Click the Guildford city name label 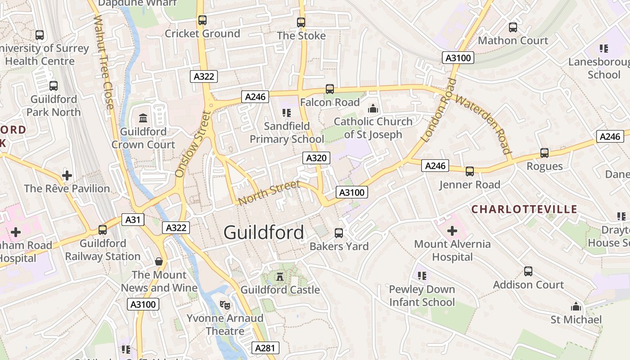[x=264, y=233]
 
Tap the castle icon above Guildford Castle [x=280, y=276]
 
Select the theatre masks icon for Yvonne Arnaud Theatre [x=225, y=305]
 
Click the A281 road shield [x=266, y=348]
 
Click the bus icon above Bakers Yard [x=339, y=233]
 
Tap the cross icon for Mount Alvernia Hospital [x=452, y=231]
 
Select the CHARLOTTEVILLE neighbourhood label [x=524, y=209]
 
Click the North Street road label [x=269, y=192]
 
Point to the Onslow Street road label [x=193, y=144]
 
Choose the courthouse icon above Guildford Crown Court [x=143, y=118]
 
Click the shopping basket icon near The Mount [x=159, y=261]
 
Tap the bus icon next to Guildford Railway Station [x=103, y=230]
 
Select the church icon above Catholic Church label [x=373, y=108]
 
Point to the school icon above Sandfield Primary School [x=287, y=112]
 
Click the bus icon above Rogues [x=544, y=153]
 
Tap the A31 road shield [x=133, y=220]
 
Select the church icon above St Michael [x=576, y=307]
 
